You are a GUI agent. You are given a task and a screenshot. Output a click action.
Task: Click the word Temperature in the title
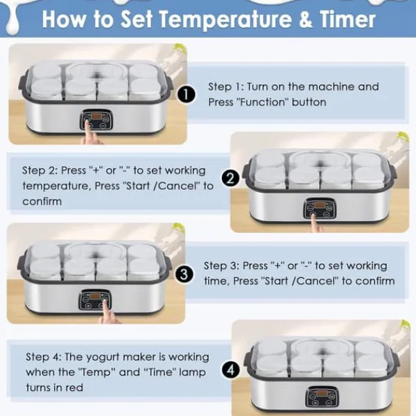pyautogui.click(x=226, y=19)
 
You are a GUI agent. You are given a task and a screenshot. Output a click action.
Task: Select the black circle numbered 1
pyautogui.click(x=187, y=95)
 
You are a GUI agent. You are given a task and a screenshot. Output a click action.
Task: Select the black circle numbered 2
pyautogui.click(x=230, y=178)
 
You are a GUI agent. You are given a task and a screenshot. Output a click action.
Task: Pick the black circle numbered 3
pyautogui.click(x=184, y=274)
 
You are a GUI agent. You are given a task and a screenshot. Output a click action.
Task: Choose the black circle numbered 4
pyautogui.click(x=231, y=370)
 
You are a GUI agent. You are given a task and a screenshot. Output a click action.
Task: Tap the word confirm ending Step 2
pyautogui.click(x=42, y=201)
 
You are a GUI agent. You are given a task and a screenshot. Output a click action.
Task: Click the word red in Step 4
pyautogui.click(x=74, y=388)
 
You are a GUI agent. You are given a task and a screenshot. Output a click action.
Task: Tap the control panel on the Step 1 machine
pyautogui.click(x=96, y=120)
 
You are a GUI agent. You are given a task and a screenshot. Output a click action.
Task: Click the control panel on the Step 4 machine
pyautogui.click(x=322, y=397)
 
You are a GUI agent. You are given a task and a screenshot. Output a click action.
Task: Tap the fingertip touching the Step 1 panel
pyautogui.click(x=87, y=123)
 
